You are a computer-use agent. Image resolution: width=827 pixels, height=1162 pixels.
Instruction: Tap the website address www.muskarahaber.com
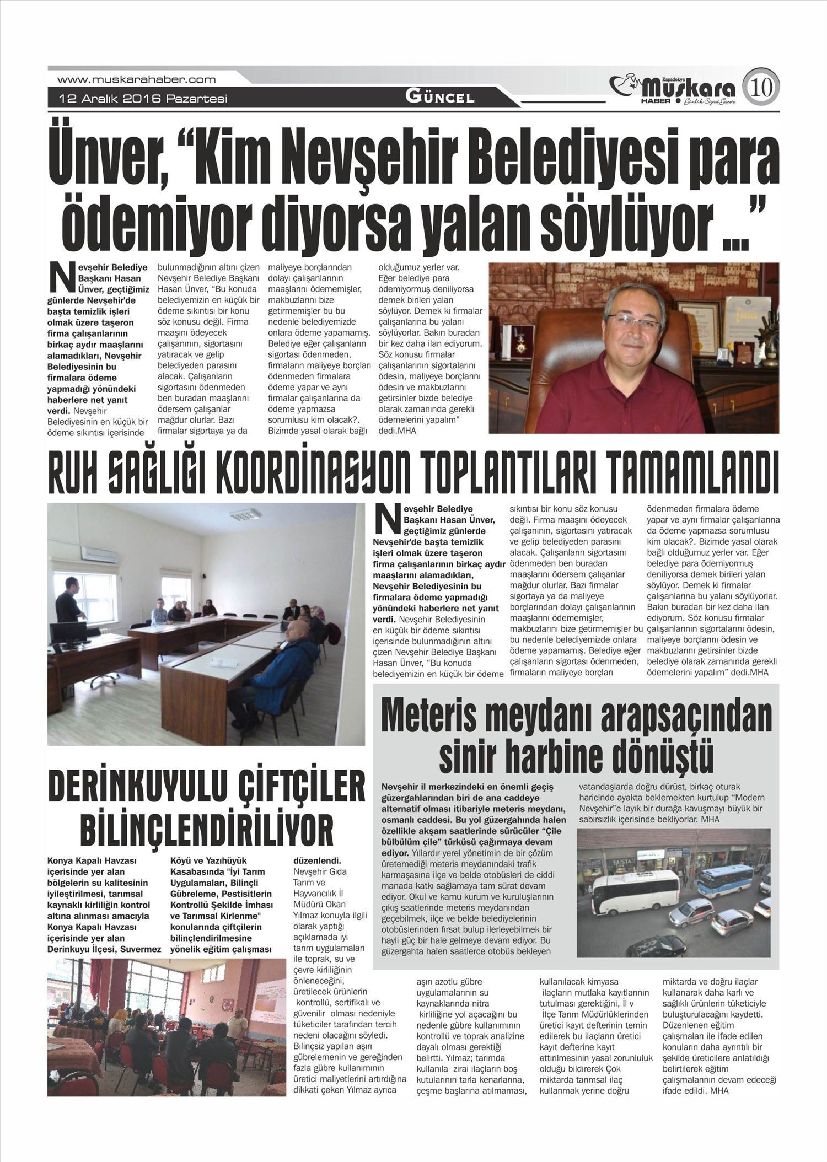(136, 79)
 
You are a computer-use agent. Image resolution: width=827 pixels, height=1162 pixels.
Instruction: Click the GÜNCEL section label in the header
(439, 98)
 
